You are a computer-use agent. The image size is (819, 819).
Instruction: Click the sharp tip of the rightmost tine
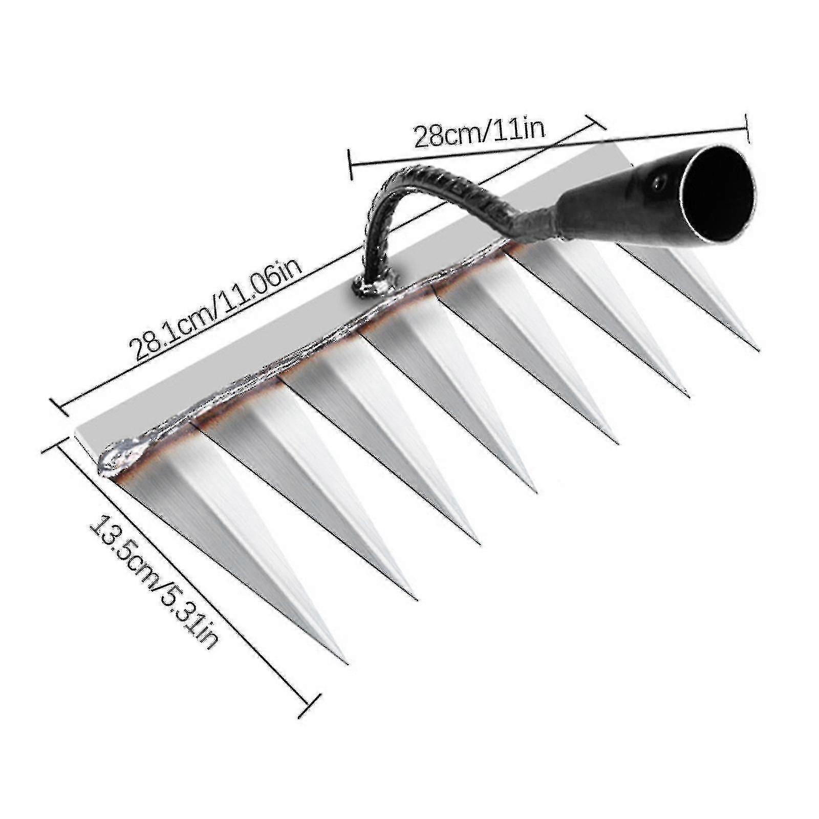click(757, 349)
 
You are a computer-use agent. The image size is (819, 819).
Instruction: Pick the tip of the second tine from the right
click(687, 395)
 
